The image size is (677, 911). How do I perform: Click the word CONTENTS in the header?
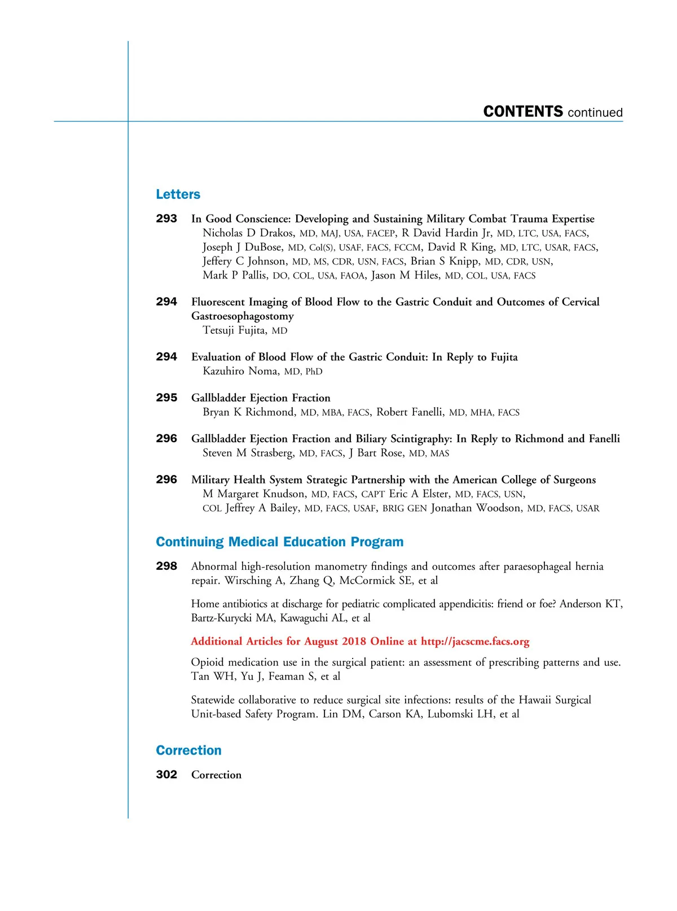tap(523, 111)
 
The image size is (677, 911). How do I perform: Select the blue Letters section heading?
tap(178, 194)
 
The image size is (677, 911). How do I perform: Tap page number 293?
tap(166, 219)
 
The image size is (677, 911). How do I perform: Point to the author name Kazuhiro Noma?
tap(240, 371)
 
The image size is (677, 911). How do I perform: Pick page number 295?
tap(166, 398)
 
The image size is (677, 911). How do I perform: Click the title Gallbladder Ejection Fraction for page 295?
tap(261, 398)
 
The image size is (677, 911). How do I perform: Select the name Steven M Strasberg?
tap(248, 453)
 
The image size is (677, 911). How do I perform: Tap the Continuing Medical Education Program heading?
tap(279, 542)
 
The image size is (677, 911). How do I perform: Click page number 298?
tap(166, 566)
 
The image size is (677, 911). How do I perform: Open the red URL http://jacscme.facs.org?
tap(475, 642)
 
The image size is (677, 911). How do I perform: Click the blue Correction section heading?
tap(188, 751)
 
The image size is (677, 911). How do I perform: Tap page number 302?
tap(166, 775)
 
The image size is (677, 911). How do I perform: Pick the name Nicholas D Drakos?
tap(248, 233)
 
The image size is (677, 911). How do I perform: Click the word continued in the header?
tap(595, 112)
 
